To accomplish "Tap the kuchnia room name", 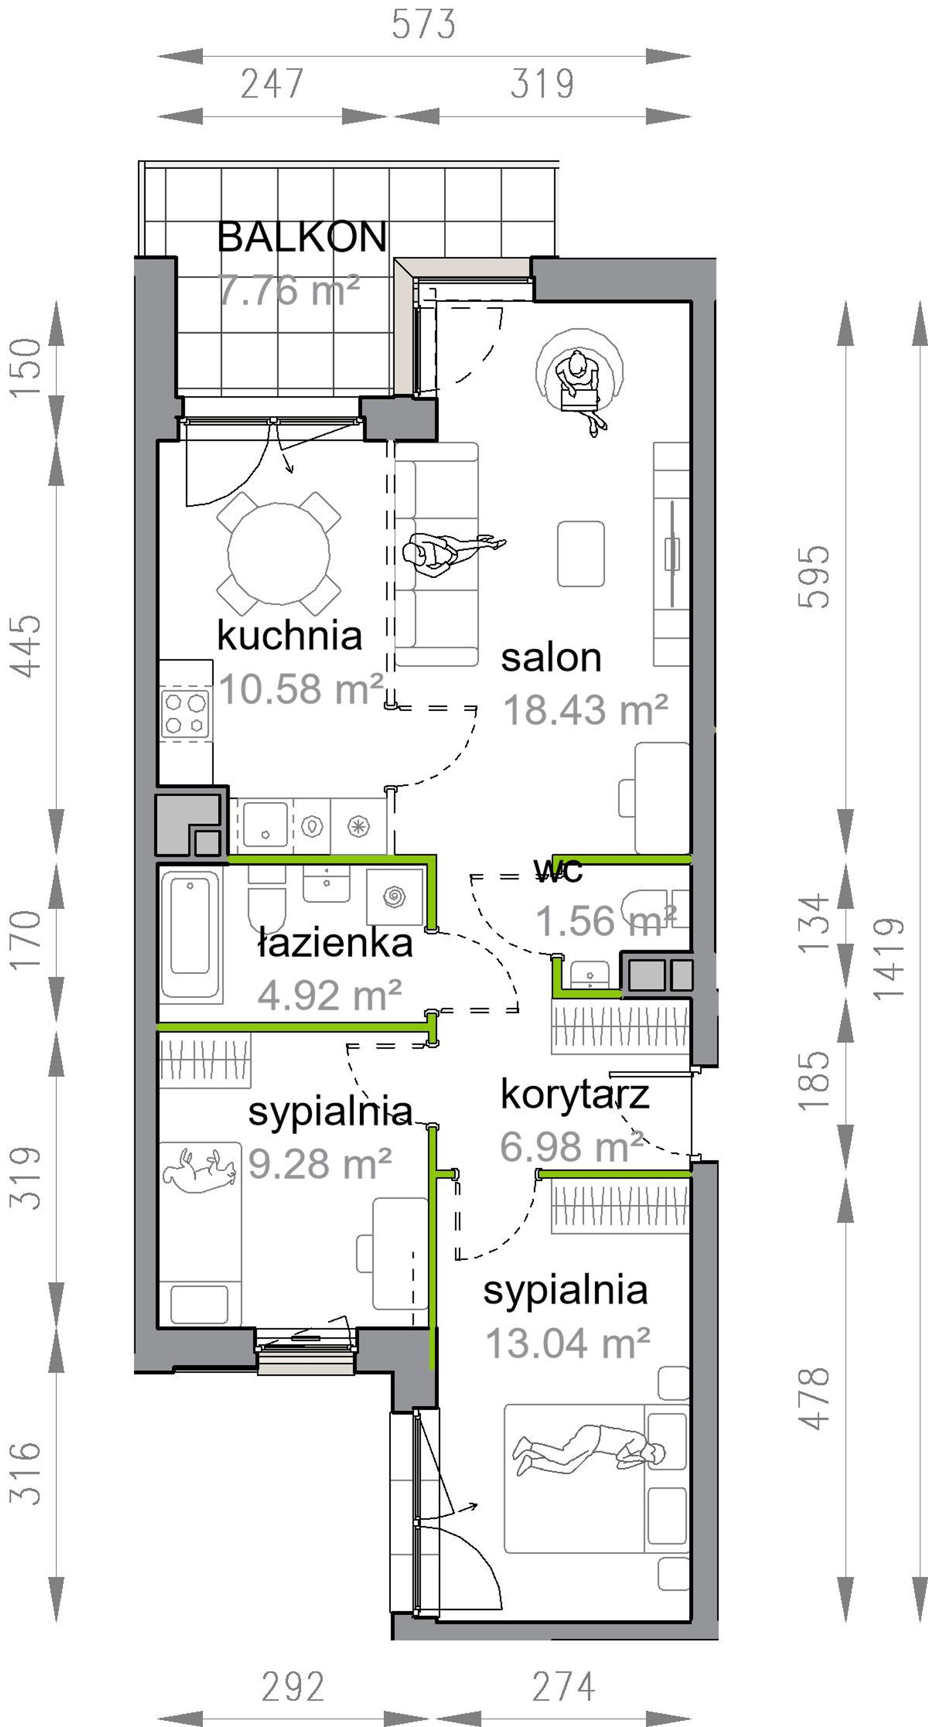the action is coord(290,635).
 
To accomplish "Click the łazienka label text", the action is coord(335,943).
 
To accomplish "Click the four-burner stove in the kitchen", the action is coord(186,714).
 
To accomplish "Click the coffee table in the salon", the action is coord(581,554).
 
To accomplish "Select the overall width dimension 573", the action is coord(424,24).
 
